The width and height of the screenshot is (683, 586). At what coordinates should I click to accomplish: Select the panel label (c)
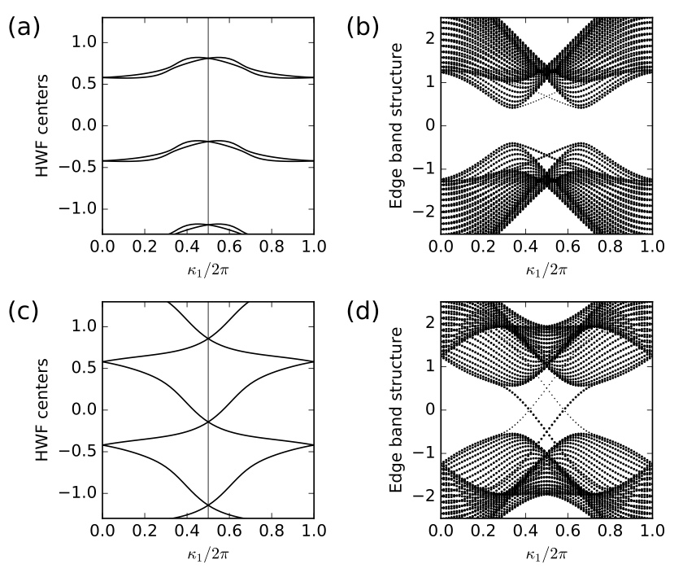coord(24,314)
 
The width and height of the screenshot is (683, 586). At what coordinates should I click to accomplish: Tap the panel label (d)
coord(362,314)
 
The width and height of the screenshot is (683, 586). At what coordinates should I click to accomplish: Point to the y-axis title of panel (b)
coord(396,125)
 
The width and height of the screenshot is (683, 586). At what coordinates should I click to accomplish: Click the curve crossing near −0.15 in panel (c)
coord(208,422)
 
